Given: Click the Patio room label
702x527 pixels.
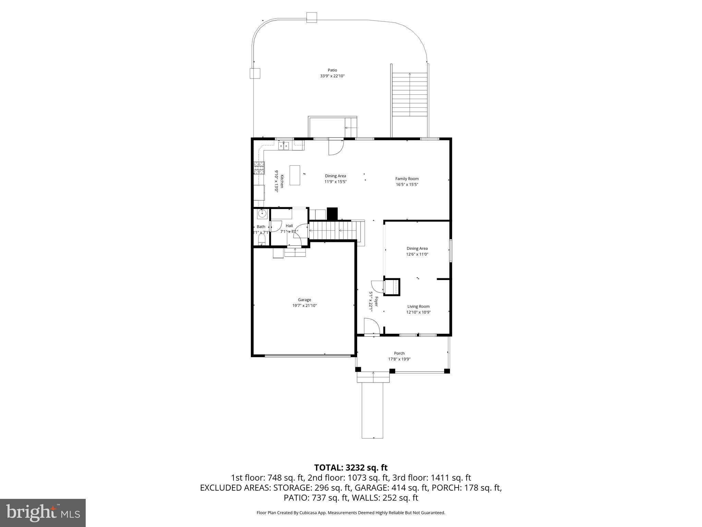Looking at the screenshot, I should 332,70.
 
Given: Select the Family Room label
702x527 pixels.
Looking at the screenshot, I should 407,179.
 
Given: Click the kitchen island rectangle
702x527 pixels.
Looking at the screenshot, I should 295,175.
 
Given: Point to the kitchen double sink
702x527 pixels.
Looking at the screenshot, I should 284,146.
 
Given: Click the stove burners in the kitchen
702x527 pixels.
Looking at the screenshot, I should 259,168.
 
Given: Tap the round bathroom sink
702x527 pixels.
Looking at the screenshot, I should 262,214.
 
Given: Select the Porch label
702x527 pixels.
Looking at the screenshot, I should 399,353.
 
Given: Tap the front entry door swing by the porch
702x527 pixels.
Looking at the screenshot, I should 372,326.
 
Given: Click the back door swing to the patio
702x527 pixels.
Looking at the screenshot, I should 335,148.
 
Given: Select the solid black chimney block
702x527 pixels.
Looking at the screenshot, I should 332,213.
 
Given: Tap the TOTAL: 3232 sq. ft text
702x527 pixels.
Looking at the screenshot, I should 351,468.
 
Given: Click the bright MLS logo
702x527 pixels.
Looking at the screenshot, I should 43,513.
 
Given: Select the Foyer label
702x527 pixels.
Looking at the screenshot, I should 376,301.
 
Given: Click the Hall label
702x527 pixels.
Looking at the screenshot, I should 289,226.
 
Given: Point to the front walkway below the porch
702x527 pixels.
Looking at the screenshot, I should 372,410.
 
